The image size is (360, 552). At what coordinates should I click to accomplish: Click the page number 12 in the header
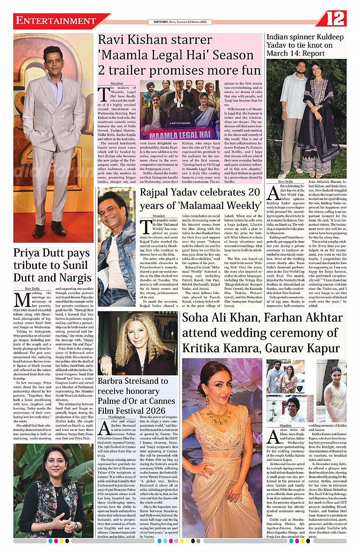tap(335, 19)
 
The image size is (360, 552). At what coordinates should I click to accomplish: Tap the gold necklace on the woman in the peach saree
tap(218, 415)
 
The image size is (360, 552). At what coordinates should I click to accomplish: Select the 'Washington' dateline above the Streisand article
tap(116, 416)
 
